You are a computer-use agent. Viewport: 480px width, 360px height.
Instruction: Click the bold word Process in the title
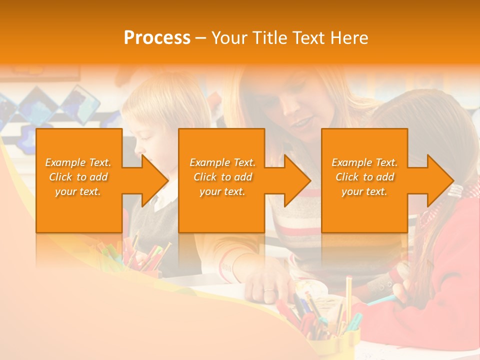(x=157, y=38)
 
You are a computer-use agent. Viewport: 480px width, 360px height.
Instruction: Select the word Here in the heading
(x=348, y=38)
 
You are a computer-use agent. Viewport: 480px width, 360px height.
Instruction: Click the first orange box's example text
(x=78, y=177)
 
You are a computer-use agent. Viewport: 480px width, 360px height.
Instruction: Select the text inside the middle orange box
(x=222, y=177)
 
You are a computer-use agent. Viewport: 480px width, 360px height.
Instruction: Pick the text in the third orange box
(x=364, y=177)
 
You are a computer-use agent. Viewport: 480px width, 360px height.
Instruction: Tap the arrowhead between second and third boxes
(x=297, y=180)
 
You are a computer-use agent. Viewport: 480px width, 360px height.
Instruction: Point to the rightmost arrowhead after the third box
(x=439, y=180)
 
